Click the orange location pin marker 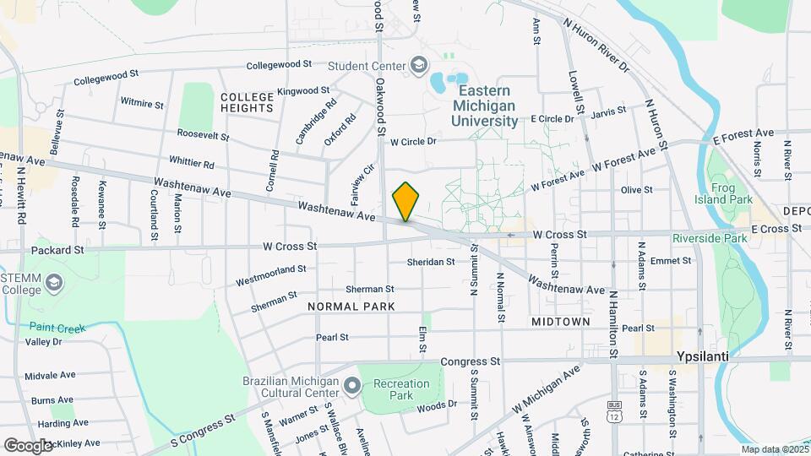coord(406,202)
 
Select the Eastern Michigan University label coord(485,105)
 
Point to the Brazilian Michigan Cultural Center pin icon coord(352,387)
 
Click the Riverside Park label coord(710,238)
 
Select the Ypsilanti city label coord(703,356)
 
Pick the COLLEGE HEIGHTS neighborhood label coord(247,102)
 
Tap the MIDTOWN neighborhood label coord(560,322)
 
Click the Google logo coord(27,445)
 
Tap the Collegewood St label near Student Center coord(280,64)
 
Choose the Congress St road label coord(471,361)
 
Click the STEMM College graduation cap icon coord(56,281)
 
